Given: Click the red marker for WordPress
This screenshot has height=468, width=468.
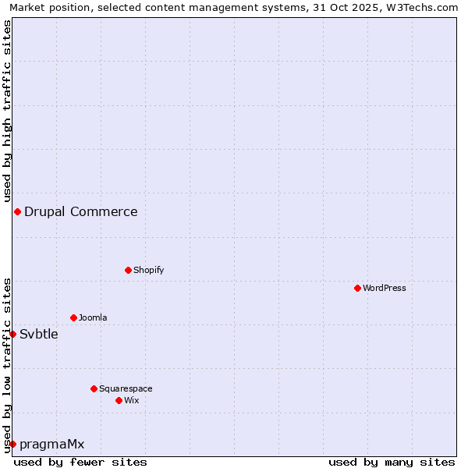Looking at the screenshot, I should click(x=357, y=288).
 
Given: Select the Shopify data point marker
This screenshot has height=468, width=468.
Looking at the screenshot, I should click(x=128, y=270).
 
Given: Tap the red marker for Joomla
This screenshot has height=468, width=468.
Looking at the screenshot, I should click(x=73, y=317).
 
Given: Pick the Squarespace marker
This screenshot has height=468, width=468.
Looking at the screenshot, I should click(x=94, y=388).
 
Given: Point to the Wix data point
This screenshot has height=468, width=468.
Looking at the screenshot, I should click(x=119, y=400).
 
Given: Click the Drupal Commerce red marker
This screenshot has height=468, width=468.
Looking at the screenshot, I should click(x=17, y=211).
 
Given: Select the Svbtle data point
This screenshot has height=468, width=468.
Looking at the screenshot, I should click(x=12, y=334).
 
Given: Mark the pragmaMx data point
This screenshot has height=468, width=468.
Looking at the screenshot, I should click(x=12, y=444).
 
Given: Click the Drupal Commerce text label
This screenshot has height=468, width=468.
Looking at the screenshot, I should click(x=81, y=211).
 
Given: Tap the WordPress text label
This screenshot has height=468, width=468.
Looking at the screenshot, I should click(x=385, y=288).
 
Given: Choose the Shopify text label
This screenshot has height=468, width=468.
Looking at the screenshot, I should click(x=148, y=270).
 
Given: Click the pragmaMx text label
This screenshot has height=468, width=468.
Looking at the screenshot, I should click(x=51, y=444).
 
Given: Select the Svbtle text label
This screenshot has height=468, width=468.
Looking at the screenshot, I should click(x=39, y=334).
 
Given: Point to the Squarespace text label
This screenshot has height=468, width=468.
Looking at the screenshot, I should click(x=126, y=388).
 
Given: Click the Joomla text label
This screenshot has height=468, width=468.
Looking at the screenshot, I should click(x=93, y=317).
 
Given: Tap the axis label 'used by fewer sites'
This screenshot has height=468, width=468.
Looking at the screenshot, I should click(x=80, y=462).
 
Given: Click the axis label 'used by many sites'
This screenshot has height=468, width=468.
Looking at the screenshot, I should click(x=392, y=462).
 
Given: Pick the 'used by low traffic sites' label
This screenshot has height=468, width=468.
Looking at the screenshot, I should click(x=7, y=364).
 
